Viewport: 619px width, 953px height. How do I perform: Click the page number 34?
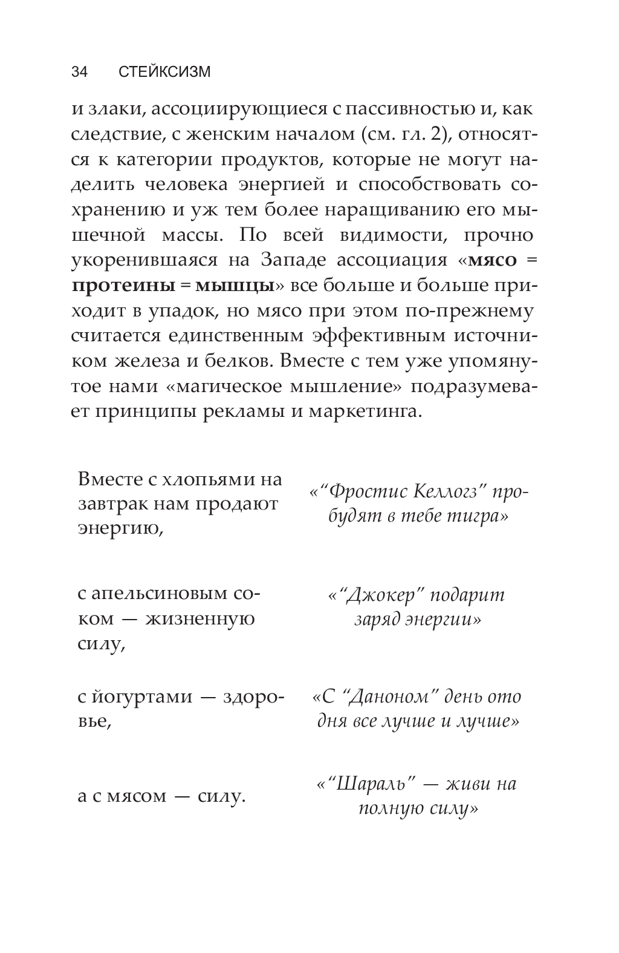80,72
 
